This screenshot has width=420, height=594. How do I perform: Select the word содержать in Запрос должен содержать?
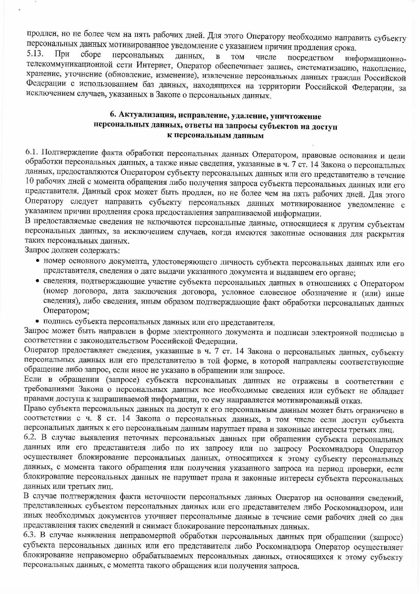point(101,251)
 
